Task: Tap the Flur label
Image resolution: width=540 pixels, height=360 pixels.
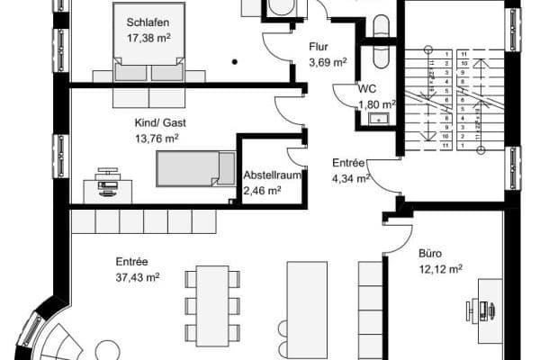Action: [318, 45]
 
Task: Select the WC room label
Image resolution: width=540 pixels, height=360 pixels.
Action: [366, 89]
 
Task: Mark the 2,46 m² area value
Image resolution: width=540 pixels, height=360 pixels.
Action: [262, 190]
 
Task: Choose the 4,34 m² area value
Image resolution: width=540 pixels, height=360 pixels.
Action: [351, 178]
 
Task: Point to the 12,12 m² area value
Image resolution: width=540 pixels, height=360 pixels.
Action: [440, 268]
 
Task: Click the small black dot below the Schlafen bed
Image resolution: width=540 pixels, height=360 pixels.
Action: [233, 62]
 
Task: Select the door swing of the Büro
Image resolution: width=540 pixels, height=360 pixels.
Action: [394, 239]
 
